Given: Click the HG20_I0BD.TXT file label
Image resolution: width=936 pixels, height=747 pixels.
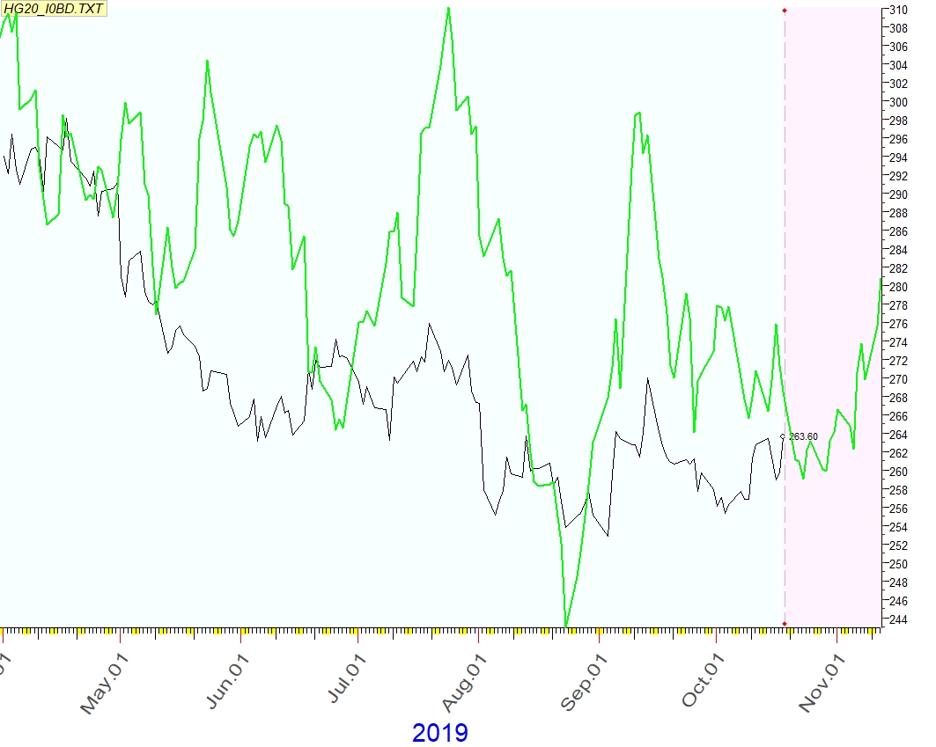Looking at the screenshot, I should click(54, 9).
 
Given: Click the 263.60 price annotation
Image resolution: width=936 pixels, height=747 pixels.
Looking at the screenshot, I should click(803, 436).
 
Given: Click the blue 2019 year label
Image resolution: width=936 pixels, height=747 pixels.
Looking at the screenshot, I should click(439, 732).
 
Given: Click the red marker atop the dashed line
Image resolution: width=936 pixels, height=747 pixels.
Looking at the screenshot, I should click(785, 11).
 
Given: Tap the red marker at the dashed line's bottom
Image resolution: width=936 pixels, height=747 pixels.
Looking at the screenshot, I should click(785, 624).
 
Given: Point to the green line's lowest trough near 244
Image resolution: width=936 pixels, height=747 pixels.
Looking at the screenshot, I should click(566, 626).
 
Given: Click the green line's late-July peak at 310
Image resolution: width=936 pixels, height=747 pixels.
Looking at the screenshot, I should click(449, 9).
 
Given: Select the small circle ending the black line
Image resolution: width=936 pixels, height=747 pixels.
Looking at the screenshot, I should click(784, 436).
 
